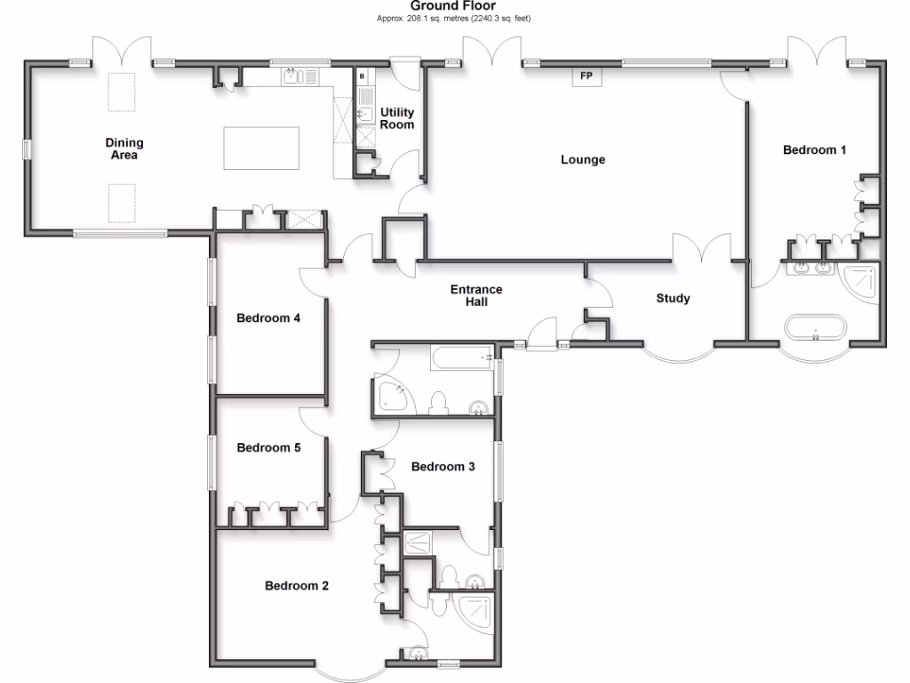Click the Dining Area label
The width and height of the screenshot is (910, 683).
[124, 149]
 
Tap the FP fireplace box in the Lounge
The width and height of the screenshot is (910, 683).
[586, 77]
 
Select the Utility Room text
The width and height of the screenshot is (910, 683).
[397, 118]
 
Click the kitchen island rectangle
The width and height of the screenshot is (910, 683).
[260, 148]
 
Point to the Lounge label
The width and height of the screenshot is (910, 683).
[583, 160]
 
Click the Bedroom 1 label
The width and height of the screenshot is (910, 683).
[814, 150]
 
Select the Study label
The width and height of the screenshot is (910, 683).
[673, 299]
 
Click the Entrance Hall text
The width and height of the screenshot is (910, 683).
[476, 295]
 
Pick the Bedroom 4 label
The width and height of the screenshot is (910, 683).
[268, 317]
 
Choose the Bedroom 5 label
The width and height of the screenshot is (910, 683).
[268, 448]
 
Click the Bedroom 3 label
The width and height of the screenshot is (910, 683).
[443, 467]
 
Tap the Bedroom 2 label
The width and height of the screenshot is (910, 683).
[297, 586]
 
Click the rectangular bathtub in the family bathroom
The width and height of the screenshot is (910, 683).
[462, 358]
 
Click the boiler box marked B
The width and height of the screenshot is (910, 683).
[362, 77]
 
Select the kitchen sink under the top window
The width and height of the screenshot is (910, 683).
[296, 77]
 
